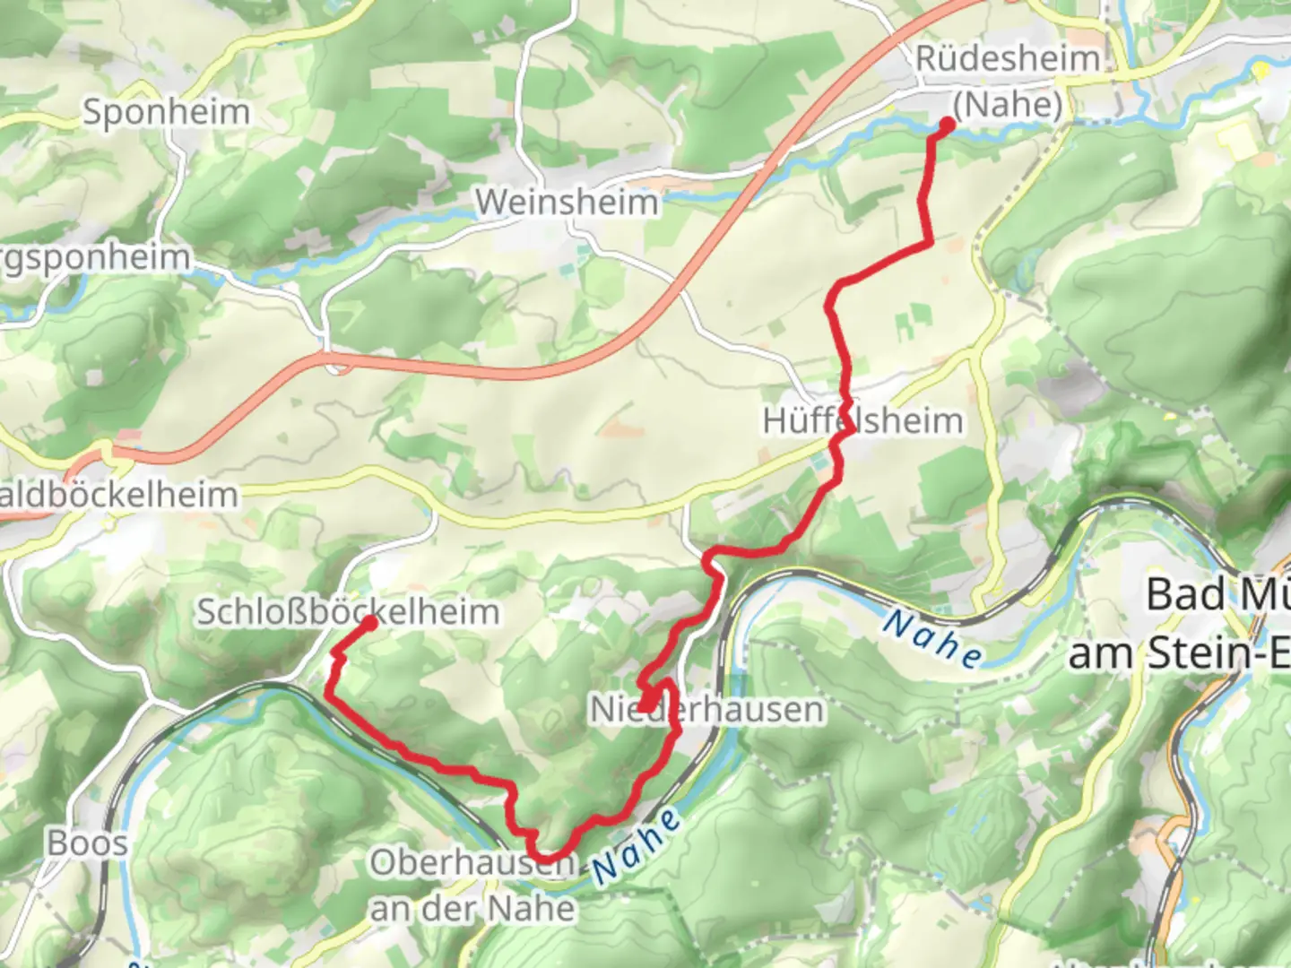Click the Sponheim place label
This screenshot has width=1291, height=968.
click(166, 113)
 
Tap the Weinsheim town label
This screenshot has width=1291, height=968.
click(567, 203)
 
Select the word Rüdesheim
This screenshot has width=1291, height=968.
click(1008, 59)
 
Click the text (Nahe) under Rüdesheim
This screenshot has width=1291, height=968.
click(1008, 105)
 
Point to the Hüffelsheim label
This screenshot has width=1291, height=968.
click(862, 420)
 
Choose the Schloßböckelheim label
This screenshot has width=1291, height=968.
click(348, 612)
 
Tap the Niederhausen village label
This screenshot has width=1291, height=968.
click(706, 710)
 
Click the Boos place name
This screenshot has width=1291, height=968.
click(87, 843)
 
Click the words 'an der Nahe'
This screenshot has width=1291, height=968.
click(472, 908)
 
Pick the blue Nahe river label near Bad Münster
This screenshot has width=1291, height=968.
click(931, 638)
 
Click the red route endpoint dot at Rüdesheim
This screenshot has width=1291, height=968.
click(947, 125)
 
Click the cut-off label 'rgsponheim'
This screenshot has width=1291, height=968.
click(94, 258)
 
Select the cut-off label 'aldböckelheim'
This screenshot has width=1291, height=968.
click(118, 495)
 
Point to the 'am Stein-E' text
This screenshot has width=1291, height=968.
click(1178, 653)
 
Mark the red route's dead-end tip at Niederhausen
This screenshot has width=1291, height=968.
click(644, 709)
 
